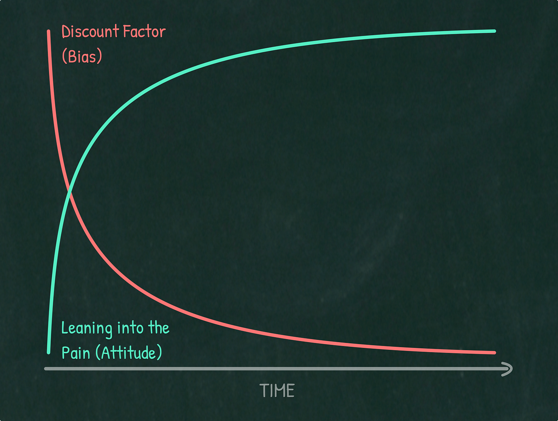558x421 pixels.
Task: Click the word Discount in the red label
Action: tap(85, 32)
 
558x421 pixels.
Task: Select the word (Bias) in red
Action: tap(82, 57)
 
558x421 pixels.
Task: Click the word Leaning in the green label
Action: tap(87, 329)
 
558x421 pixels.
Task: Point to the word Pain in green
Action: tap(75, 353)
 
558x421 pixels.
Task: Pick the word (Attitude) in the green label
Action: tap(129, 353)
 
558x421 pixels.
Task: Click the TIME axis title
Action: tap(277, 391)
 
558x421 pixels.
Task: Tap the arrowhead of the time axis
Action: tap(509, 369)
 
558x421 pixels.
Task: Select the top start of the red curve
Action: tap(49, 31)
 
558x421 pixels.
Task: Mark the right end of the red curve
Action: tap(494, 352)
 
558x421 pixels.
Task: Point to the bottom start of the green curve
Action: tap(49, 352)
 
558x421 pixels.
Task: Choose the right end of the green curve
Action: tap(494, 31)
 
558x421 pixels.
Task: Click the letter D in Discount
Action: tap(66, 32)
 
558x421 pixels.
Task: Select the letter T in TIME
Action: tap(264, 391)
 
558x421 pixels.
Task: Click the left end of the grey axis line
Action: tap(46, 369)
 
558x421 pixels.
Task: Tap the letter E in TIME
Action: tap(290, 391)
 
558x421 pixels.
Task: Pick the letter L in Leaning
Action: tap(64, 328)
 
